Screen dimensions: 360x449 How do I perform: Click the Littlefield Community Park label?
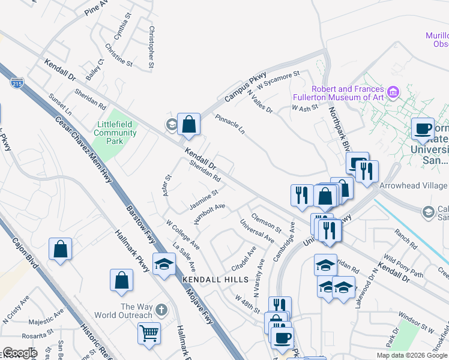pos(116,133)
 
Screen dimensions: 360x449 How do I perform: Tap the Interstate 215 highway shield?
pos(17,82)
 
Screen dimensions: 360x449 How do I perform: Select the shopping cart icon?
pos(149,333)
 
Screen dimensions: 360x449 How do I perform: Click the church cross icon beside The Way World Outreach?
pos(160,310)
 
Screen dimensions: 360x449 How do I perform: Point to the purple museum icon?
pos(393,92)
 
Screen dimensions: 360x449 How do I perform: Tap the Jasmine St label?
pos(203,200)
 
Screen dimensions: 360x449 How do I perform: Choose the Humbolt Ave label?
pos(209,214)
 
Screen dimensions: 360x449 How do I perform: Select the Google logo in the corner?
pos(19,353)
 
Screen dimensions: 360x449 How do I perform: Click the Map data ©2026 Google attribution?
pos(412,355)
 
